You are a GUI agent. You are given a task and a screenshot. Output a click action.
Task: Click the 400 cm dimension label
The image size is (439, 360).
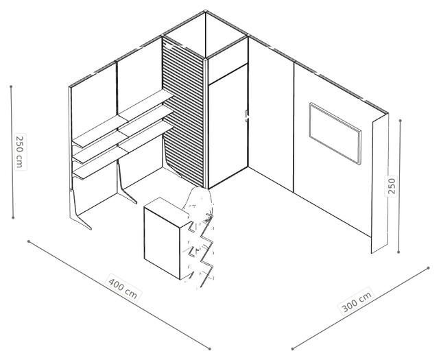tap(123, 288)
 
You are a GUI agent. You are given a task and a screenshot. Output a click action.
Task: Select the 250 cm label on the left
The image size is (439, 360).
tap(20, 152)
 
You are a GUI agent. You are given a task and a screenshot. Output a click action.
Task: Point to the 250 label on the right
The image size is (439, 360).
tap(392, 186)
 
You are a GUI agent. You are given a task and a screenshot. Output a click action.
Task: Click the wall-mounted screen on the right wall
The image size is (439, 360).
tap(335, 133)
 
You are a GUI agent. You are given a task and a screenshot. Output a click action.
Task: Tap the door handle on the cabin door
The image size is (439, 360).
tap(246, 116)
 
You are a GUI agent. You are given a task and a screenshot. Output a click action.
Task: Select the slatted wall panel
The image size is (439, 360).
tap(183, 112)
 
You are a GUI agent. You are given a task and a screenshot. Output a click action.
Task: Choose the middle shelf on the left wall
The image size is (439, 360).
tap(123, 134)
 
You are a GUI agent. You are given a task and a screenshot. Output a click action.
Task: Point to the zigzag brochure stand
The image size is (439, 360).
tap(201, 250)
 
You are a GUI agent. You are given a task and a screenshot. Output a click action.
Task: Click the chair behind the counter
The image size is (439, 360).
tap(198, 201)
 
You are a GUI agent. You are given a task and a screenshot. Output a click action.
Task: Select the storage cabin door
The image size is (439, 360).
tap(228, 126)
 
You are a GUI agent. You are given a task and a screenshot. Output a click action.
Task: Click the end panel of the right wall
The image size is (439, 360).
tap(380, 183)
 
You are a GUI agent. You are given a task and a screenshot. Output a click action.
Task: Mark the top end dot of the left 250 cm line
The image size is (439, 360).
tap(11, 86)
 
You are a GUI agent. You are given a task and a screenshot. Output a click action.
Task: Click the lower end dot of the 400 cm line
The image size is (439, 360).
tap(209, 348)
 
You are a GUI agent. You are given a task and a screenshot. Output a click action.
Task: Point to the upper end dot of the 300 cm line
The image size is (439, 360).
tap(428, 268)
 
